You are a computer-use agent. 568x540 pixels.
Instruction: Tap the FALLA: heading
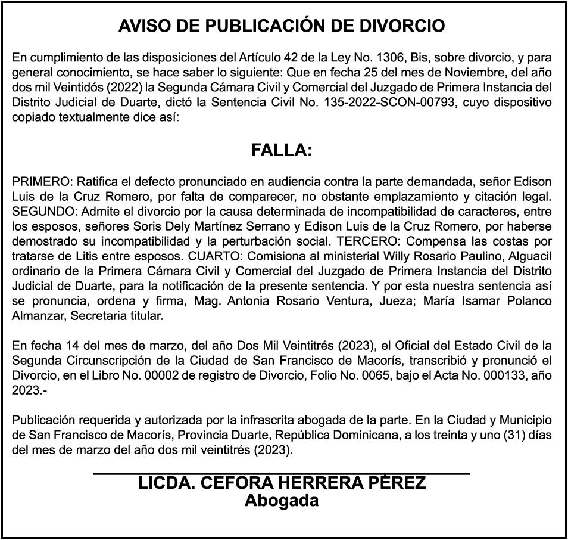point(282,150)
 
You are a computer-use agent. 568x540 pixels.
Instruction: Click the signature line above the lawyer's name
point(282,474)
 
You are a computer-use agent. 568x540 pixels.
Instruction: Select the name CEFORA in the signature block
point(233,483)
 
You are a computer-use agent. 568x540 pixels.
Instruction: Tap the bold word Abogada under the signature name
point(282,500)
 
